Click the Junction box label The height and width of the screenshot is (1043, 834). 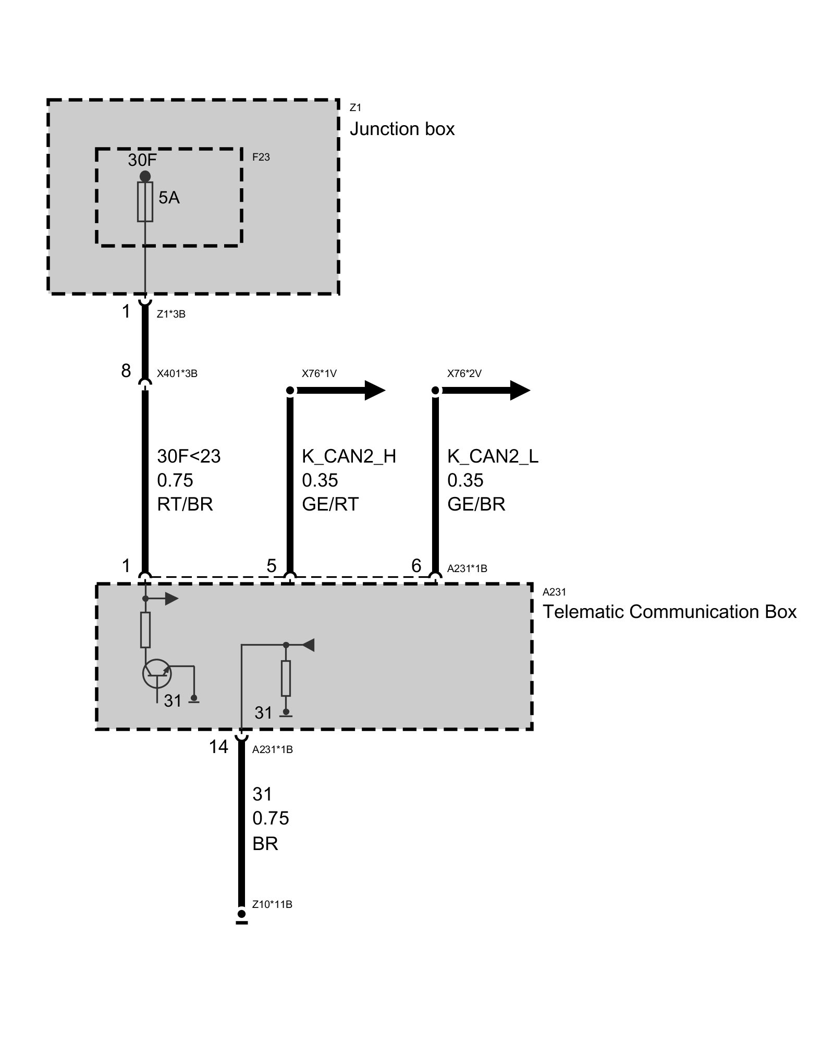(x=402, y=129)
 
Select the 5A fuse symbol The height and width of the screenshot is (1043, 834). (x=145, y=202)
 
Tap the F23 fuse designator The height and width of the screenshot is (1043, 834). (x=261, y=157)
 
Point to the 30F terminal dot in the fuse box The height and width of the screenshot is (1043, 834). (x=145, y=176)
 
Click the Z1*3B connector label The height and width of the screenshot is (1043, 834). (x=171, y=314)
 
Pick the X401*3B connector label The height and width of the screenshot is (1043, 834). (x=177, y=373)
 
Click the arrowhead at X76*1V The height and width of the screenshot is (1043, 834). (x=374, y=390)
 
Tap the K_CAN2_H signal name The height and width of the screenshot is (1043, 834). (x=349, y=456)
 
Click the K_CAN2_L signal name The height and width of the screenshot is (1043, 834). (x=493, y=456)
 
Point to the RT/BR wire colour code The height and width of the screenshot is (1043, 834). (x=185, y=504)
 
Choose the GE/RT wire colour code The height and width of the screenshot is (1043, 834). (x=330, y=504)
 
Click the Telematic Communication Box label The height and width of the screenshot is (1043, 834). (x=669, y=611)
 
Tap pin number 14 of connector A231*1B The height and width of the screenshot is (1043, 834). (x=218, y=747)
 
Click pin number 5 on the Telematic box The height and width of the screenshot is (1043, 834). (x=271, y=565)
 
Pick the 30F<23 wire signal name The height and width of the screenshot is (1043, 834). (x=189, y=456)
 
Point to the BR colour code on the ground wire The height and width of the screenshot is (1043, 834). (x=265, y=843)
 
